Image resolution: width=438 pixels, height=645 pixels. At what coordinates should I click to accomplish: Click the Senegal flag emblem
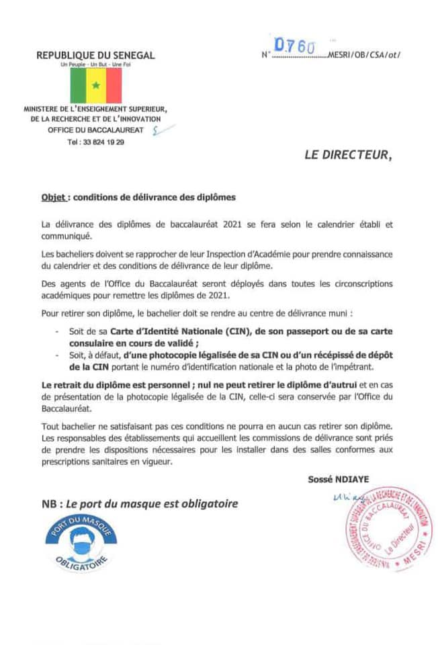coord(96,85)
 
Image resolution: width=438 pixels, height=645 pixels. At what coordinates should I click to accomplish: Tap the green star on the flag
coord(96,85)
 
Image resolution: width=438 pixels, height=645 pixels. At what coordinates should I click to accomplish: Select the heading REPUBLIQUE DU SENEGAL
coord(95,55)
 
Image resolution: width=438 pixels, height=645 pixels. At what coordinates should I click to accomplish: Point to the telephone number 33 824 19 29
coord(96,142)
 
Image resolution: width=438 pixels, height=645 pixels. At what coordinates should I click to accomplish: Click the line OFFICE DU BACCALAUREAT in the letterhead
coord(95,129)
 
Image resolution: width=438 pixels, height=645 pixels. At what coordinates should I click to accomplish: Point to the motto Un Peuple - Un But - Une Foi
coord(95,64)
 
